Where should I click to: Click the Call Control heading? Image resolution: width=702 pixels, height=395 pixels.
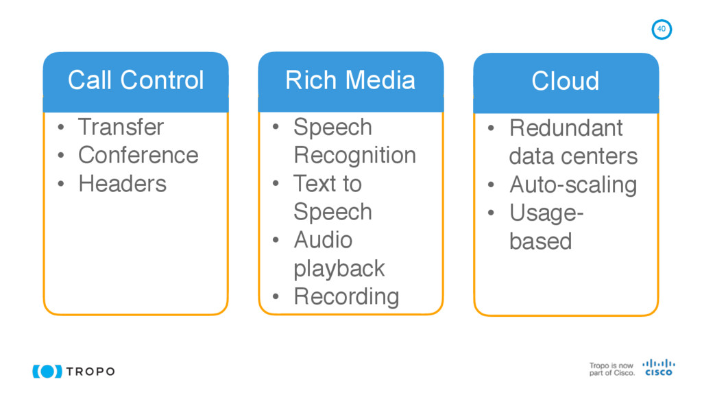[x=136, y=80]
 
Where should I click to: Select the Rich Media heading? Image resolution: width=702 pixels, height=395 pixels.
[x=350, y=80]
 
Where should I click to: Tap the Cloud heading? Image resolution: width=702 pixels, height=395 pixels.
[x=566, y=81]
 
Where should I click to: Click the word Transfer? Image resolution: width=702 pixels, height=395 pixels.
[x=121, y=127]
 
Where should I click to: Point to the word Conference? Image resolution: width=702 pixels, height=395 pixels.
[x=138, y=155]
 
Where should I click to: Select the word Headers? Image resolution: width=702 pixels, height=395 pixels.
[x=122, y=183]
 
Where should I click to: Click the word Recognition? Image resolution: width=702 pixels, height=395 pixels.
[x=354, y=155]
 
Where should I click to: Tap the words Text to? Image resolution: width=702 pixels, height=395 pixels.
[x=327, y=183]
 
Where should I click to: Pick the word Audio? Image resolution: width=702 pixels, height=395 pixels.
[x=323, y=240]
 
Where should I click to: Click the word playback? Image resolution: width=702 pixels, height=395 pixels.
[x=339, y=268]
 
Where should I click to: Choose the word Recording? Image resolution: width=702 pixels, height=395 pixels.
[x=346, y=296]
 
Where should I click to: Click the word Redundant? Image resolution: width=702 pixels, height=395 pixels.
[x=566, y=128]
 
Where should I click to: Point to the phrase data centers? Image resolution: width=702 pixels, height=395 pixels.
[x=573, y=156]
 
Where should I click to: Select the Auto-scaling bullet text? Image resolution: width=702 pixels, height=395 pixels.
[x=573, y=184]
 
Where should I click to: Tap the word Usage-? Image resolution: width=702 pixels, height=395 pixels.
[x=546, y=213]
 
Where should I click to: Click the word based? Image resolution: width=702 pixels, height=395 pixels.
[x=540, y=241]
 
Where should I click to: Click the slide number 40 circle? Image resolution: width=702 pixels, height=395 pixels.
[x=661, y=29]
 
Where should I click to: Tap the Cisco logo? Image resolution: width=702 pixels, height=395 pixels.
[x=658, y=367]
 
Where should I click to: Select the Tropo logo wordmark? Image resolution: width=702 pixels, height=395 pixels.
[x=90, y=371]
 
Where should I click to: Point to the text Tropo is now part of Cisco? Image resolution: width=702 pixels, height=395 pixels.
[x=612, y=369]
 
